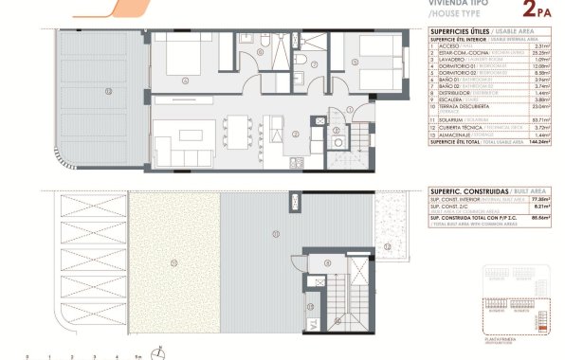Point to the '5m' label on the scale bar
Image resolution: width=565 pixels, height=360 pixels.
[x=139, y=356]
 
